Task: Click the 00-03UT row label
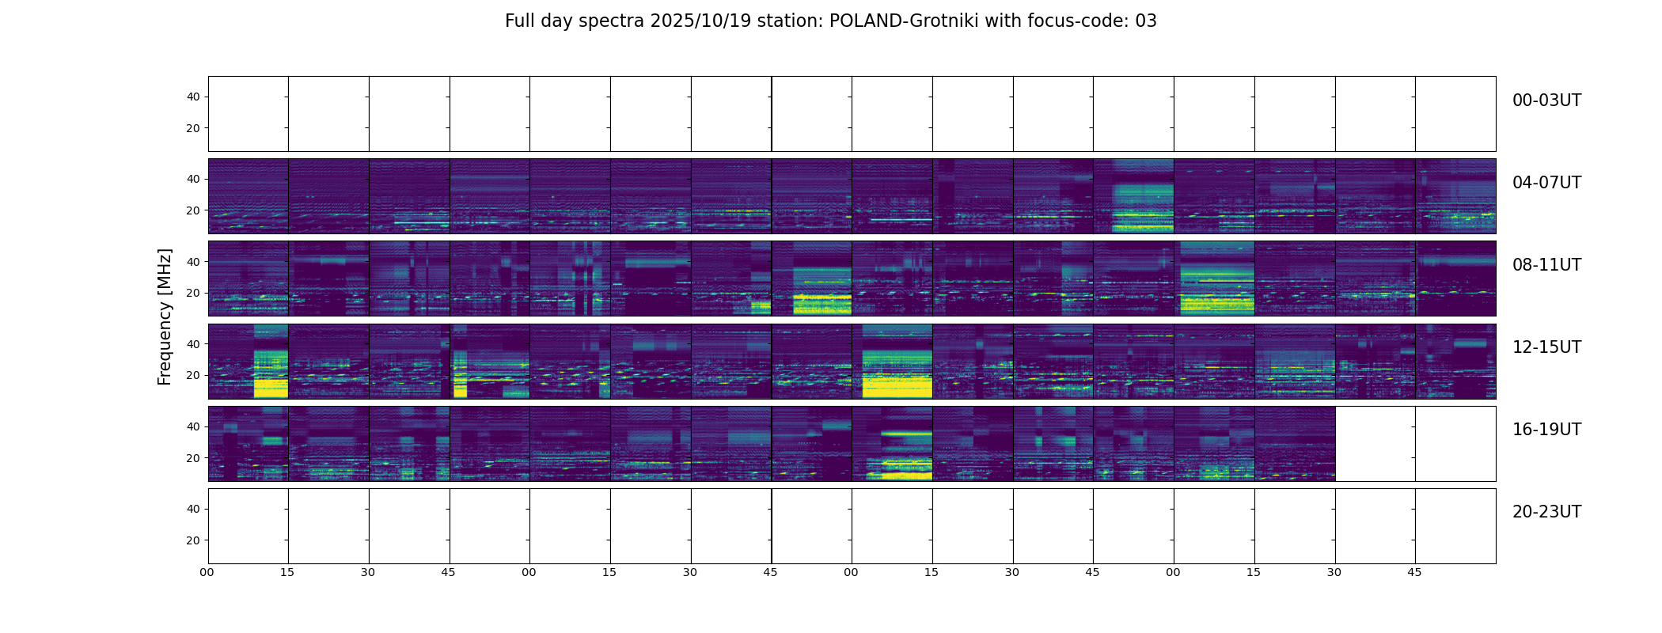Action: [x=1546, y=100]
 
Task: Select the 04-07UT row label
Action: [x=1546, y=183]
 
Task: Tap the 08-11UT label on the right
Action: [x=1546, y=265]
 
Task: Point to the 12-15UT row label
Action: [x=1546, y=347]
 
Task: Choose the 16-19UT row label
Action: [x=1546, y=430]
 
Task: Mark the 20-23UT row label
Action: [x=1546, y=512]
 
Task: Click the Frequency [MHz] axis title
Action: [x=165, y=316]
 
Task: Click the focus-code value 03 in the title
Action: [x=1146, y=21]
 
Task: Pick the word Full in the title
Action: [x=519, y=21]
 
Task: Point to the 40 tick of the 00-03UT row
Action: [x=193, y=97]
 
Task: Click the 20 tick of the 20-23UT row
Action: [x=193, y=540]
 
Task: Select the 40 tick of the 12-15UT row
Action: [x=193, y=344]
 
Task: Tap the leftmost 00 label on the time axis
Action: [x=207, y=572]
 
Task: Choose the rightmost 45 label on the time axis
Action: [x=1414, y=572]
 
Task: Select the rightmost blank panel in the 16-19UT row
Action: [x=1455, y=444]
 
